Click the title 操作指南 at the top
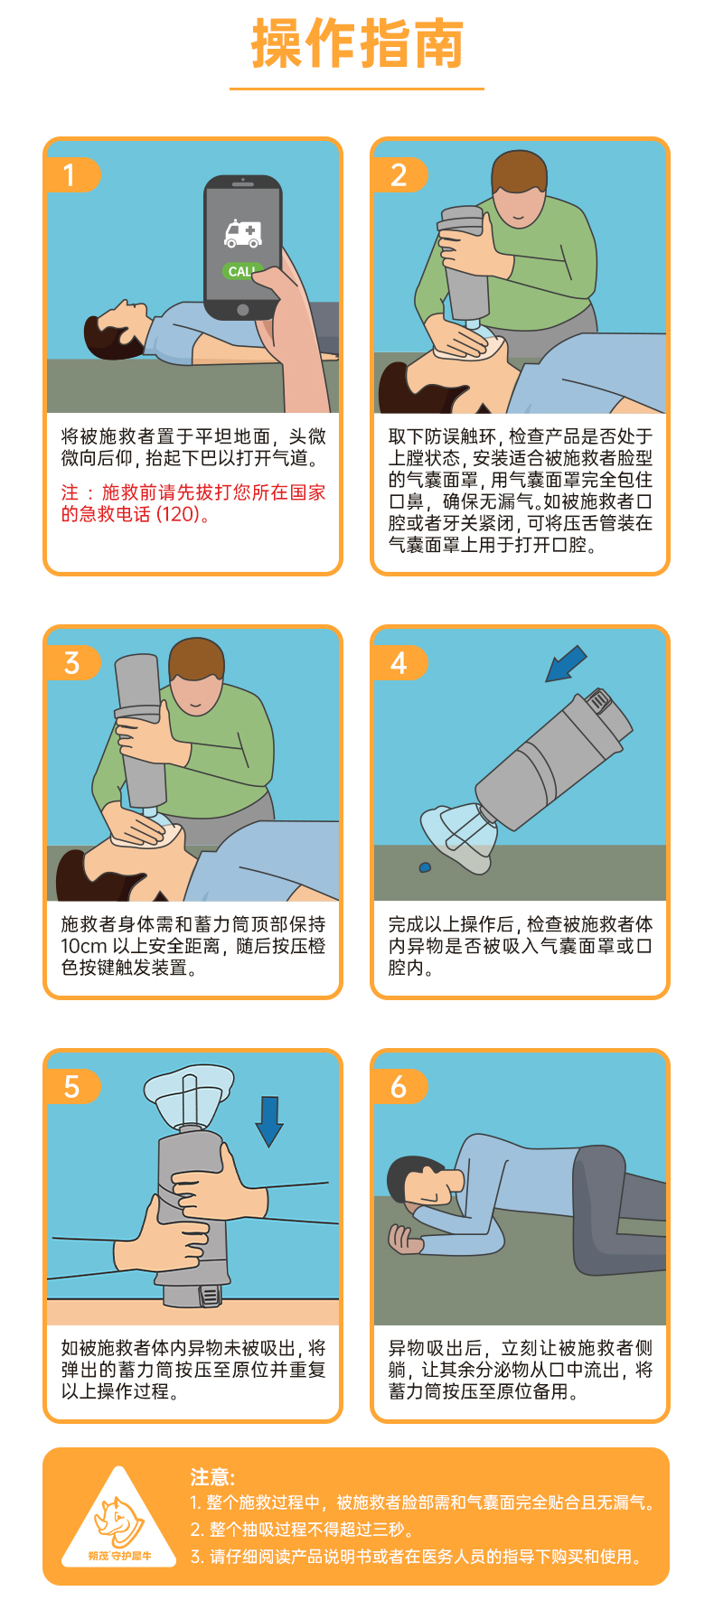(x=357, y=43)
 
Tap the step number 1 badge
(x=71, y=174)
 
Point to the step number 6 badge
(x=399, y=1086)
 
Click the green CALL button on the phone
(x=241, y=271)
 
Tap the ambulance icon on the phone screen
(x=243, y=234)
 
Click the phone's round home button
(x=242, y=310)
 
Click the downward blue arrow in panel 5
(x=269, y=1121)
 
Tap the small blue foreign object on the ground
(x=425, y=868)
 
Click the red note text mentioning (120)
(x=193, y=503)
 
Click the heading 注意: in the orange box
(x=212, y=1477)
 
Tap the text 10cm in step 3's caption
(x=84, y=946)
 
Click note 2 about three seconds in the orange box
(x=303, y=1530)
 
